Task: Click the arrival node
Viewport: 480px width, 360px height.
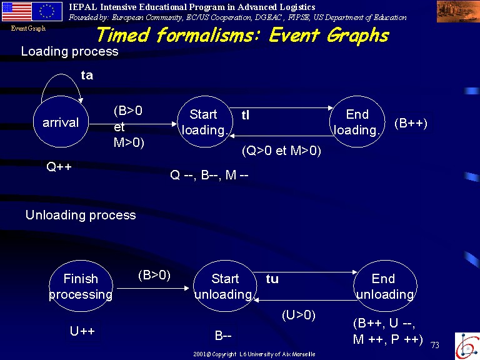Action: pos(61,122)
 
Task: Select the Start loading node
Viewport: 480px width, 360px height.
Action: pos(205,122)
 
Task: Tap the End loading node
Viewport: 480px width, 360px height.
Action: pos(357,122)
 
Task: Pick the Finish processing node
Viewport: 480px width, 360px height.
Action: pos(81,286)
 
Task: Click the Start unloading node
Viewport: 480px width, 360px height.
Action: pos(225,286)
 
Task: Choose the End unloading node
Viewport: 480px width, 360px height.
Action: pos(385,286)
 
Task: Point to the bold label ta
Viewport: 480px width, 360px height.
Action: pos(87,75)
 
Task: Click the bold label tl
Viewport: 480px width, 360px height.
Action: pos(246,115)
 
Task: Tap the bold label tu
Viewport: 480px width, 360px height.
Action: pos(272,279)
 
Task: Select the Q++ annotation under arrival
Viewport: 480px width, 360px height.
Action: pos(59,167)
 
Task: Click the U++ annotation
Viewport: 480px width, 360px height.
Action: pos(82,331)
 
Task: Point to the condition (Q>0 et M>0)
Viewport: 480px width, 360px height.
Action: pos(281,151)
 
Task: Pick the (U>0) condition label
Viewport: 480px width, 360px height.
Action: pos(299,315)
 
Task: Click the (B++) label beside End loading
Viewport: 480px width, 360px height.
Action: pos(411,123)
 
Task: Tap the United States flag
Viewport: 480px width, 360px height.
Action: pos(16,11)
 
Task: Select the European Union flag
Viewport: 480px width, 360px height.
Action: pos(47,11)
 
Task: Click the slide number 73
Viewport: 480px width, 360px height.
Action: pos(435,345)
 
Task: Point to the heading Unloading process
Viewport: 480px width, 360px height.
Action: pos(81,215)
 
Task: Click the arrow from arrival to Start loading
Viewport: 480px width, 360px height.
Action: pos(133,124)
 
